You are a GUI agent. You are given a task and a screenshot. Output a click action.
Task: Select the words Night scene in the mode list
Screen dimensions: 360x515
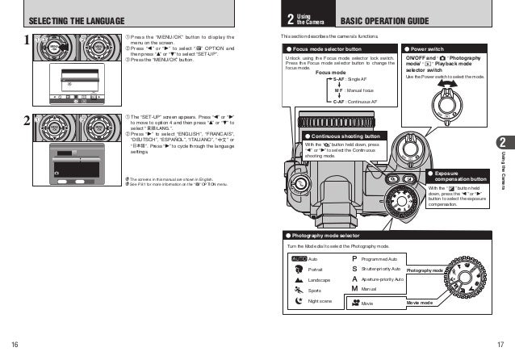[320, 300]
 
